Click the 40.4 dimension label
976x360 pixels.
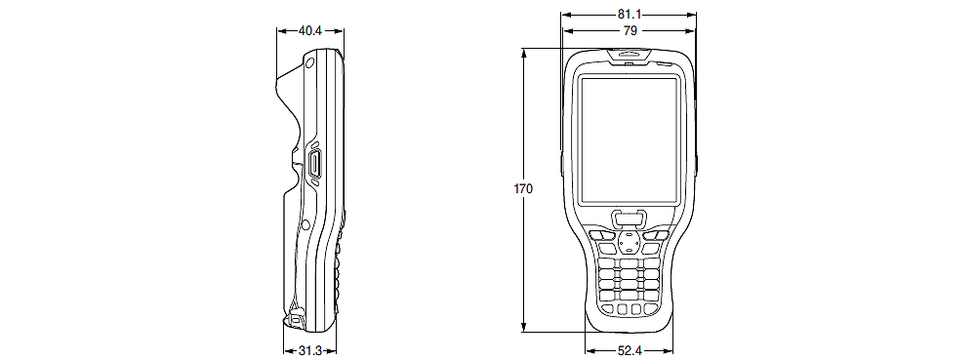point(309,30)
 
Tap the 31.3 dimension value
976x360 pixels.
point(309,351)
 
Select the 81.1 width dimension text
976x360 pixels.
point(629,14)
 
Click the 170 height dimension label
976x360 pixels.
point(523,189)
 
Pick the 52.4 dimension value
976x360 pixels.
point(630,351)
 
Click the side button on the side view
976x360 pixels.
point(314,165)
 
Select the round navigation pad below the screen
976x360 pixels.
point(629,242)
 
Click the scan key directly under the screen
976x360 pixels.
point(629,219)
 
